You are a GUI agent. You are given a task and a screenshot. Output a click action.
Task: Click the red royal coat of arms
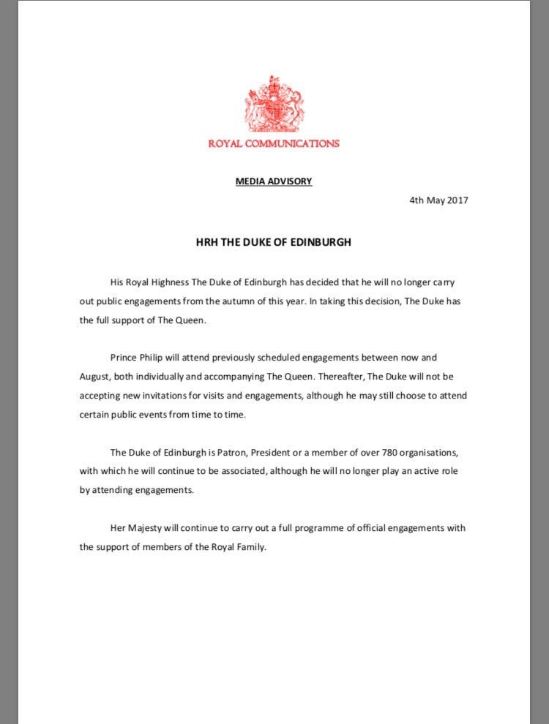point(274,105)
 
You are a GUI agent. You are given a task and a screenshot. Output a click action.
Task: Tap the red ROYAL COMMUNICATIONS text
point(274,143)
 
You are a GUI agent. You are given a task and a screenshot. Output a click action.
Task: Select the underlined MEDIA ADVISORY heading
point(274,181)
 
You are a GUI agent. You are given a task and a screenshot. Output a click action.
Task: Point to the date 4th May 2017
point(439,200)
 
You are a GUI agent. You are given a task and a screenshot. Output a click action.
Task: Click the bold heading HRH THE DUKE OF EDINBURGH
point(274,241)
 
